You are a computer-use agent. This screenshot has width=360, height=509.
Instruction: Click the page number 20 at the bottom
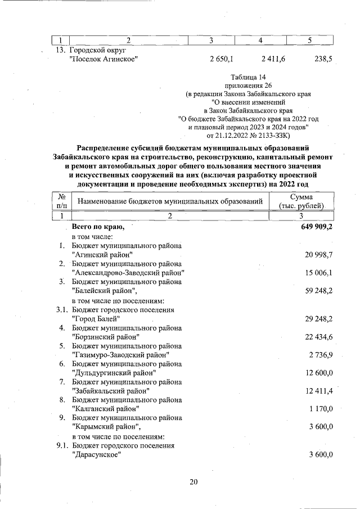[195, 481]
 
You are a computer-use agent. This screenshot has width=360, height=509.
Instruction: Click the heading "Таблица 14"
[248, 76]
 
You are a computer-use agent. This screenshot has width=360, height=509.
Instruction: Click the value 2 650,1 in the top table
[222, 58]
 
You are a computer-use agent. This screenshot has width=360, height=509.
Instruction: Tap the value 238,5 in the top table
[323, 58]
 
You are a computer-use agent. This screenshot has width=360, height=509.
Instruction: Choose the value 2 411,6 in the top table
[273, 58]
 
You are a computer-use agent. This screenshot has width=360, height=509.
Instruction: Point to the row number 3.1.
[62, 309]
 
